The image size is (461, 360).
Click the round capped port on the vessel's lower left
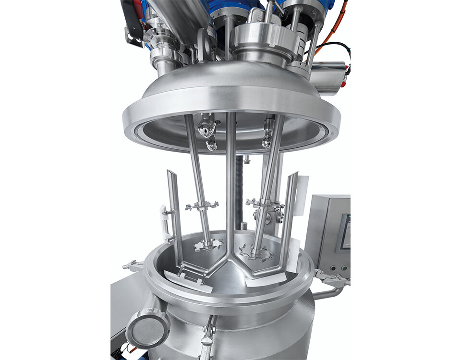click(x=147, y=329)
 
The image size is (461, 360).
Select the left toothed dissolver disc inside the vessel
click(x=208, y=245)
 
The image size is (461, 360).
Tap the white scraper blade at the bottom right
click(x=267, y=280)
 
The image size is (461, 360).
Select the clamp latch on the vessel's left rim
click(x=133, y=265)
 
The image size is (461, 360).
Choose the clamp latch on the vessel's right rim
click(x=331, y=278)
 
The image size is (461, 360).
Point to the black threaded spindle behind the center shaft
click(x=239, y=192)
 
